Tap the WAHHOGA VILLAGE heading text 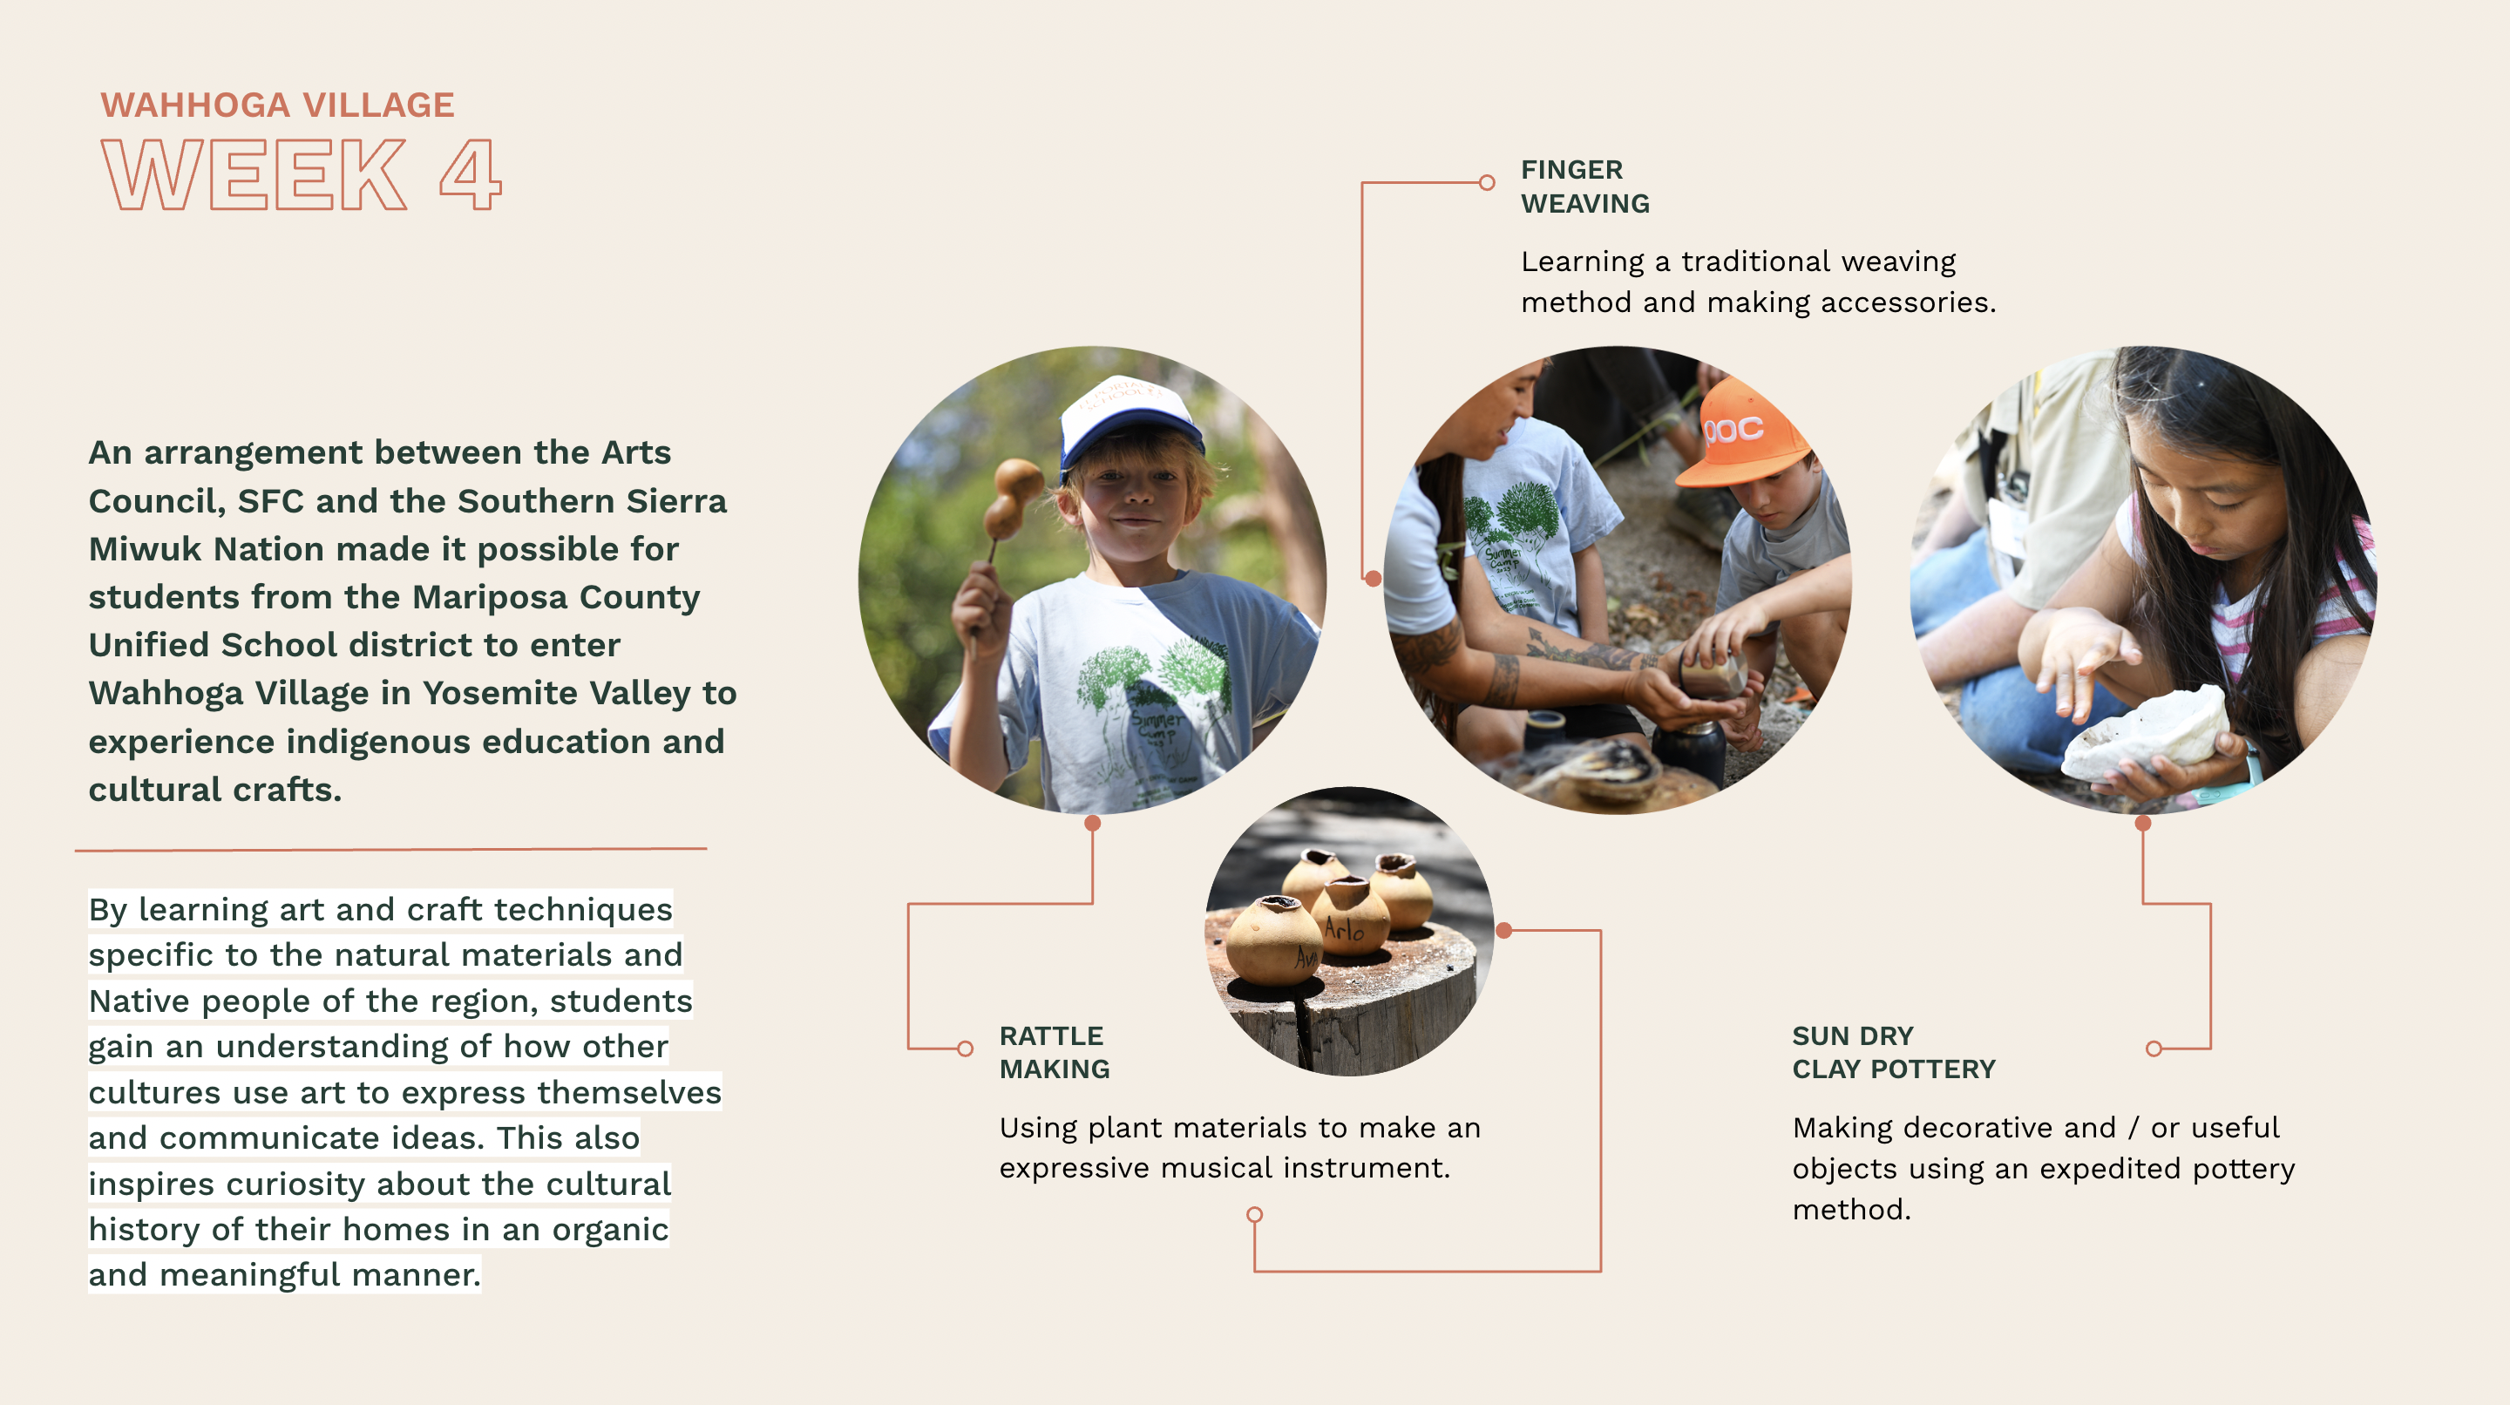[278, 105]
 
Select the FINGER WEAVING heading [1585, 187]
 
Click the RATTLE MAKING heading [1055, 1052]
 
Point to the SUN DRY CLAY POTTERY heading [1893, 1052]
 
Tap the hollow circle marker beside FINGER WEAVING [1487, 182]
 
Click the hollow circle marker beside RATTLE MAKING [965, 1049]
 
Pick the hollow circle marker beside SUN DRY [2154, 1049]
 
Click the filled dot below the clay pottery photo [2143, 824]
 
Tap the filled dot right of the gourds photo [1504, 931]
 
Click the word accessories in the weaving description [1908, 302]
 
